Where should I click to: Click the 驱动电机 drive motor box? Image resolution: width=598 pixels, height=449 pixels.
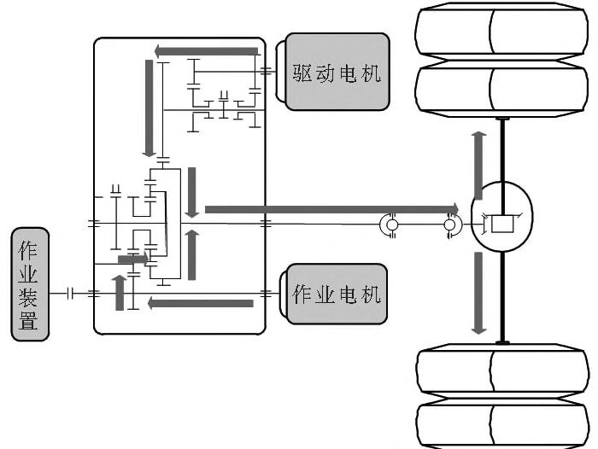[x=337, y=72]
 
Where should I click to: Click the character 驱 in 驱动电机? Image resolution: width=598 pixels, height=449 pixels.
[x=302, y=73]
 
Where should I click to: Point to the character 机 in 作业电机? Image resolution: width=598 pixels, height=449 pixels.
[x=371, y=294]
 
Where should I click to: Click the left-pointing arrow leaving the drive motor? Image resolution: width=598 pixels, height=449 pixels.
[x=205, y=51]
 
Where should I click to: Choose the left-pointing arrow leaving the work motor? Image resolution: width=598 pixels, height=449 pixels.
[x=200, y=302]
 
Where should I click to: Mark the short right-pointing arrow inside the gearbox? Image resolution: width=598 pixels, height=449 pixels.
[x=133, y=258]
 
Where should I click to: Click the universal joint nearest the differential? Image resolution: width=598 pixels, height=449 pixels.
[x=451, y=226]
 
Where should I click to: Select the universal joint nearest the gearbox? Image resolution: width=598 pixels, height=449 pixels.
[x=392, y=226]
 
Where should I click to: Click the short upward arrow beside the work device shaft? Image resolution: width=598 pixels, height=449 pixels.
[x=120, y=292]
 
